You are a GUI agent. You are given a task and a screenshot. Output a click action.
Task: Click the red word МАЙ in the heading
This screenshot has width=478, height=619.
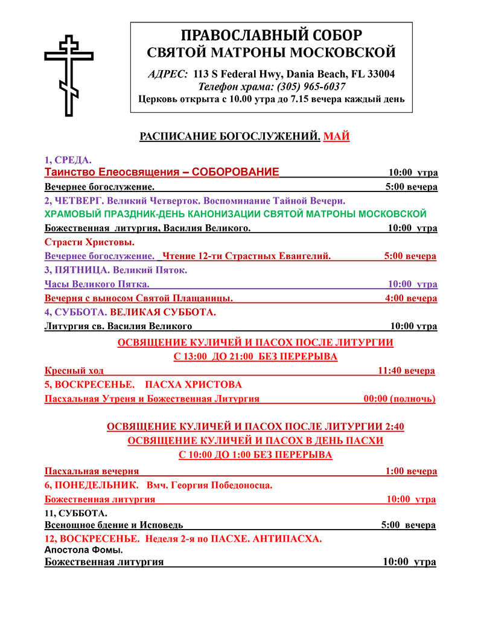(x=337, y=136)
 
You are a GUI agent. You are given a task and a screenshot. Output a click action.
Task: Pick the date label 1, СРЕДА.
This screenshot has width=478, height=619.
(x=68, y=160)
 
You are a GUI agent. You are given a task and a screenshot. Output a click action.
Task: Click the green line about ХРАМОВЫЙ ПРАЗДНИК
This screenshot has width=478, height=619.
(x=235, y=214)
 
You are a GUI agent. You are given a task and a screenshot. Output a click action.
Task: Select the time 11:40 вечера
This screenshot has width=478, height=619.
(x=406, y=371)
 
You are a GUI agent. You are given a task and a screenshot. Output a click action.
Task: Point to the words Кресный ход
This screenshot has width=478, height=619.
(x=74, y=371)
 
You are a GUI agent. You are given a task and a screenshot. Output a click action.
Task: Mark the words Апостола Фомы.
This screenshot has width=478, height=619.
(x=84, y=550)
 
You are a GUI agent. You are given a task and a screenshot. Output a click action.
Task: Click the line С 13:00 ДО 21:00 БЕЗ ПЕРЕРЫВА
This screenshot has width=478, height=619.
(x=255, y=357)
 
